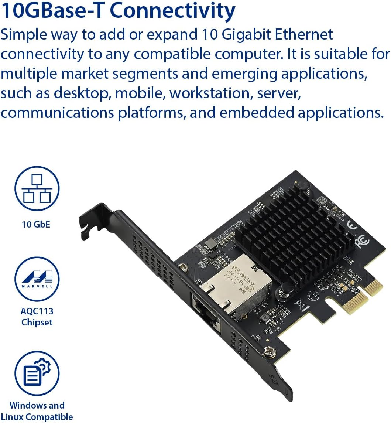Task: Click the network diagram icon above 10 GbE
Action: click(37, 188)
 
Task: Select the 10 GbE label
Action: click(36, 224)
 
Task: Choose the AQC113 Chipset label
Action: click(37, 317)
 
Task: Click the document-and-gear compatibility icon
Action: click(37, 373)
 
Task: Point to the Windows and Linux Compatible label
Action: click(37, 411)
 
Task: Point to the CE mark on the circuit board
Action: click(352, 224)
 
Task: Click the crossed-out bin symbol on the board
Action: click(299, 305)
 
